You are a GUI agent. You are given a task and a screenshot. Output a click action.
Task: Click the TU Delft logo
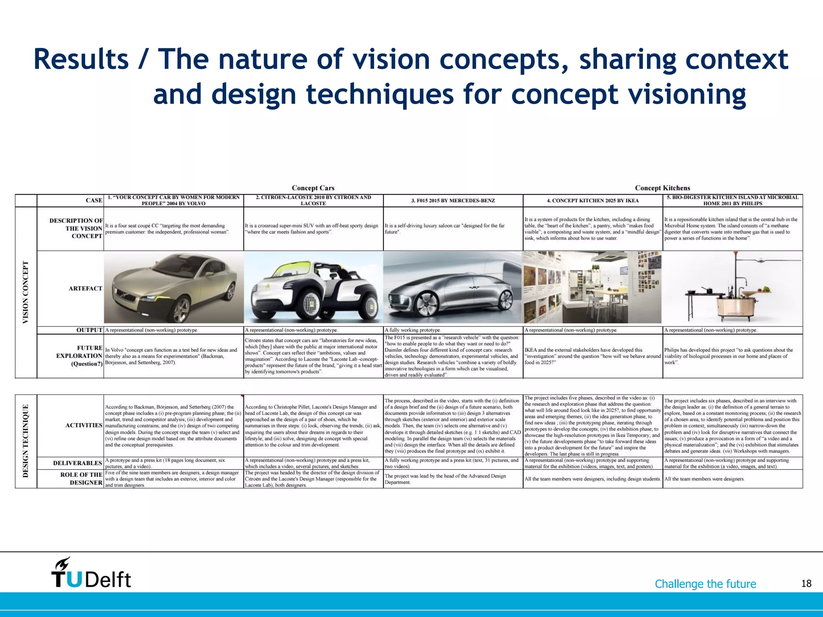(91, 574)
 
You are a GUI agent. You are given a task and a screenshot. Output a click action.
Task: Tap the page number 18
(806, 584)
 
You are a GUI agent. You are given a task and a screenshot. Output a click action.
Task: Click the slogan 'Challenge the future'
(705, 584)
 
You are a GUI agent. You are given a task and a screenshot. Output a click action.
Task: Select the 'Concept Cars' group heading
(313, 188)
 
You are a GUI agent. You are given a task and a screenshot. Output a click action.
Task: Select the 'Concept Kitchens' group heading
(662, 188)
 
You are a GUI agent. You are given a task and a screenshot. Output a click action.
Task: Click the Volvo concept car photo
(174, 288)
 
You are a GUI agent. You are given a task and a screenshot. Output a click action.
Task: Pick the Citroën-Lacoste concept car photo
(313, 288)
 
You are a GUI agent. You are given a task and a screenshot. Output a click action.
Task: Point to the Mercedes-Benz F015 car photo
(453, 288)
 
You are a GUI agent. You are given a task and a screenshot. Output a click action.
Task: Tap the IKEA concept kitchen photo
(592, 288)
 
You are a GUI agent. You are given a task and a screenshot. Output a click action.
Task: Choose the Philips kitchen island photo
(732, 288)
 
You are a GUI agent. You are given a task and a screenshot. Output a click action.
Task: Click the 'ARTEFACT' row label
(85, 288)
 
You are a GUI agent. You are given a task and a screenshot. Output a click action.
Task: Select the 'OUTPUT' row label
(89, 330)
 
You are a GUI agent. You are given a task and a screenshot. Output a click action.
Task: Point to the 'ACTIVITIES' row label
(84, 425)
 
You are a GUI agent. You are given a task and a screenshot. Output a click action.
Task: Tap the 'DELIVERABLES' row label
(78, 463)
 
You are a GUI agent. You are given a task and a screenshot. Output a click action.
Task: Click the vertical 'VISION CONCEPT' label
(26, 292)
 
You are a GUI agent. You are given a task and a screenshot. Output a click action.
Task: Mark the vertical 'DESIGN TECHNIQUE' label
(26, 441)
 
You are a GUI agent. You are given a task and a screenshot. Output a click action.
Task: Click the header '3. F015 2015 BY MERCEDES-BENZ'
(453, 200)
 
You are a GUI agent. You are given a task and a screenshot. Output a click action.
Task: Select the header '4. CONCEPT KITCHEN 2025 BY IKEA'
(592, 200)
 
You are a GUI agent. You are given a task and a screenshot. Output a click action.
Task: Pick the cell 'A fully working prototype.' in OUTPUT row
(413, 330)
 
